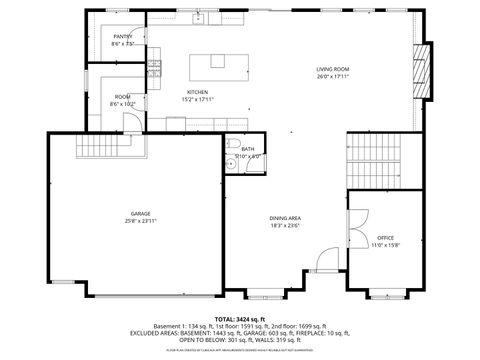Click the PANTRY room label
click(x=122, y=36)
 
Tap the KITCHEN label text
click(x=196, y=92)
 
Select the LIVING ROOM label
click(x=333, y=69)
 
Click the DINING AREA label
click(x=285, y=218)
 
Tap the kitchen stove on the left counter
click(x=156, y=67)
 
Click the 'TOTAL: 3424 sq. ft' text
click(x=240, y=318)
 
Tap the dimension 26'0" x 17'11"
click(x=333, y=76)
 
